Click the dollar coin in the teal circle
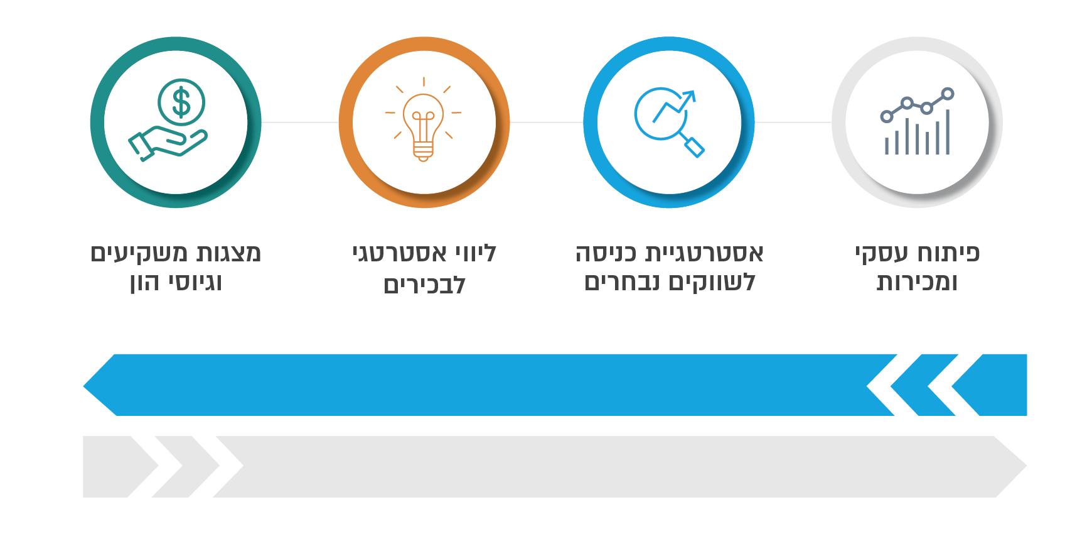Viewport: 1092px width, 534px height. point(181,102)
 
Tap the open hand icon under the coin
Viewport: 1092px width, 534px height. point(168,143)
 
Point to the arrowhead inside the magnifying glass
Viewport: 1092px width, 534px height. point(689,97)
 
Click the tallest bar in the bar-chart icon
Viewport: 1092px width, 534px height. point(948,132)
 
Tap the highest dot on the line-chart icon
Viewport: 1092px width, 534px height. point(948,94)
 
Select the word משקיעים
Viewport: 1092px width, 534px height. point(139,253)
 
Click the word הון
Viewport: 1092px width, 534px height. point(145,283)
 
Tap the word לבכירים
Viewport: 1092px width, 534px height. point(425,284)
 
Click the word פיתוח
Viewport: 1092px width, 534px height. point(949,253)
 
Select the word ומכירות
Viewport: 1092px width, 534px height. point(917,283)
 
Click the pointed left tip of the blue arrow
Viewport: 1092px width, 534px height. point(84,385)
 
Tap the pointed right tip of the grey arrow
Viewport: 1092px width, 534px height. point(1025,467)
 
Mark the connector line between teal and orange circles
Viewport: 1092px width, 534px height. point(300,123)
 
